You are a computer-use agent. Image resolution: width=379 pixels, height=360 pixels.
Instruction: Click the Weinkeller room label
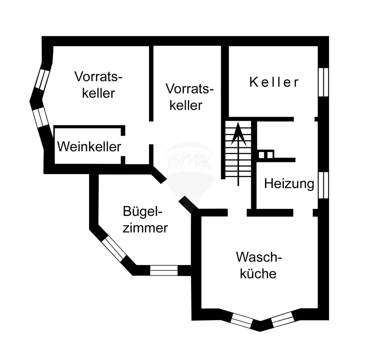[x=89, y=146]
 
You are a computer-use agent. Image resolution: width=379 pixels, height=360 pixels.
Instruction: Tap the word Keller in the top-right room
[x=274, y=82]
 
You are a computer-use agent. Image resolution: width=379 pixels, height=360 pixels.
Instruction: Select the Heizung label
[x=289, y=184]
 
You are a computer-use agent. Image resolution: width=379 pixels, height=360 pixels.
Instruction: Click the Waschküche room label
[x=259, y=265]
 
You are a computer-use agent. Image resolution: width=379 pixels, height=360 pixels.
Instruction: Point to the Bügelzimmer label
[x=145, y=220]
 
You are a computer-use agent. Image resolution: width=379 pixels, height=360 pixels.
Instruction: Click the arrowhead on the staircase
[x=238, y=134]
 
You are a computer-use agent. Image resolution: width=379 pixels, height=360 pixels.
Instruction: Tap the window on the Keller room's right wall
[x=323, y=82]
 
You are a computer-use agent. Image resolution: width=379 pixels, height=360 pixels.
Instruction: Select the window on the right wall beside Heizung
[x=323, y=185]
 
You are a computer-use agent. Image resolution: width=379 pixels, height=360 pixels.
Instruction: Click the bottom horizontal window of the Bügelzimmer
[x=164, y=270]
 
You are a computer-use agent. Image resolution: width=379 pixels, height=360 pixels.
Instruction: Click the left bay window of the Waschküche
[x=241, y=321]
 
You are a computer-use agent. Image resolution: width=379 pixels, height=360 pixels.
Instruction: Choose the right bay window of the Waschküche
[x=283, y=319]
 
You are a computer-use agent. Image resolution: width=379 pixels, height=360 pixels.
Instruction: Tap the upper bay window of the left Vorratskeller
[x=42, y=79]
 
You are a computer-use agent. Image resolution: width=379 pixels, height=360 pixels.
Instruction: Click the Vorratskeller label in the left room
[x=99, y=85]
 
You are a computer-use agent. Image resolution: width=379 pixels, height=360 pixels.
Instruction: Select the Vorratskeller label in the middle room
[x=189, y=97]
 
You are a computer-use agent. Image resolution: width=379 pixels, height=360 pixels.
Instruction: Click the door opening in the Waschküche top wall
[x=237, y=212]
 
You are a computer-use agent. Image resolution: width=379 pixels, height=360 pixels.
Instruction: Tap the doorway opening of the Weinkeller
[x=123, y=146]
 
